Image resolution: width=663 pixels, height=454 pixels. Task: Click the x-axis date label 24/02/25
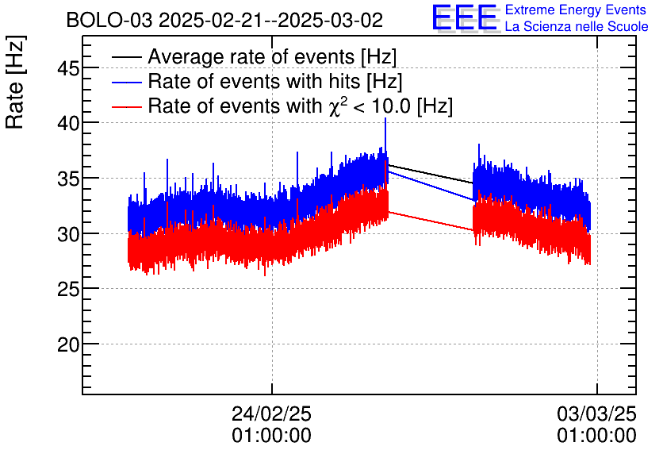point(271,414)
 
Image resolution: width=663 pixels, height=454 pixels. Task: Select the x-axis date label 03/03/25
point(596,414)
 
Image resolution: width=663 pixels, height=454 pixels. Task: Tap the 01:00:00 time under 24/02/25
point(271,435)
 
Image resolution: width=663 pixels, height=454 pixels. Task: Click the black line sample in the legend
point(127,58)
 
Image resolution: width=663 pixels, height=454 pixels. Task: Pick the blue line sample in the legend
point(127,82)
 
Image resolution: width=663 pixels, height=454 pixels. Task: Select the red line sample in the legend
point(127,106)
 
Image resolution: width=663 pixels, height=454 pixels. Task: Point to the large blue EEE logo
point(465,17)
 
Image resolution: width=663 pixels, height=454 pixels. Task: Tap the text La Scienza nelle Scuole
point(576,27)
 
